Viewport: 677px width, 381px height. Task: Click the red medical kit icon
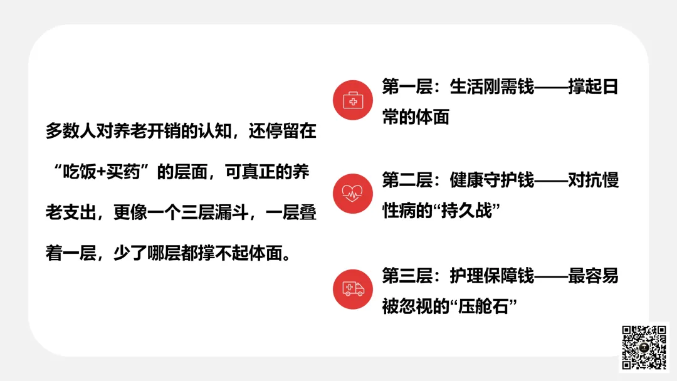353,100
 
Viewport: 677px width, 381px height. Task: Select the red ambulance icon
353,289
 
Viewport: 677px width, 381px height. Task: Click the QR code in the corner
644,347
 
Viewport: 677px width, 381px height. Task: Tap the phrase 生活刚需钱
492,86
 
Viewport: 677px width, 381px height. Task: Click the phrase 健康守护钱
492,180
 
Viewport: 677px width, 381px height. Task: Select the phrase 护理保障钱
492,275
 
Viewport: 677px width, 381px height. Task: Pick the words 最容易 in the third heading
594,275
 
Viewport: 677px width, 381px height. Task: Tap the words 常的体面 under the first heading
416,117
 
